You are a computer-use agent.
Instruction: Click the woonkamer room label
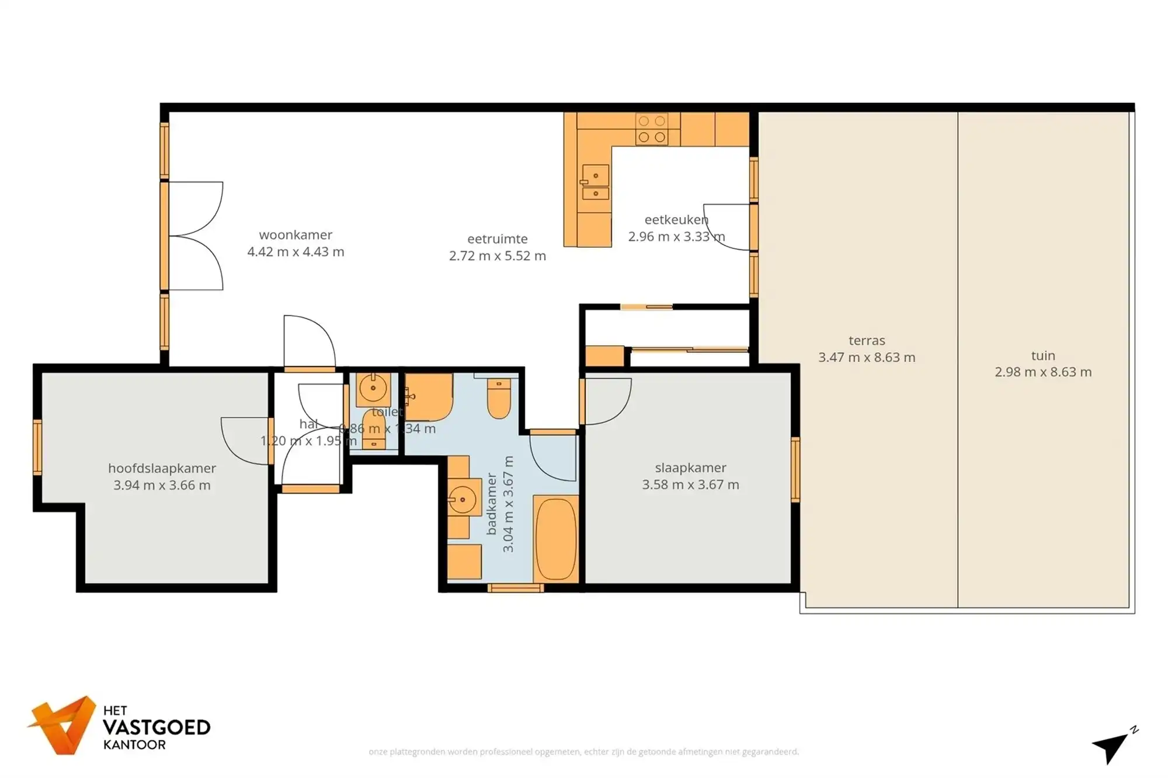click(x=296, y=235)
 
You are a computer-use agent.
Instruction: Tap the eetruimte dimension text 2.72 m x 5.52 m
click(x=497, y=256)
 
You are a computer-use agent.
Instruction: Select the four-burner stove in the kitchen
click(x=652, y=129)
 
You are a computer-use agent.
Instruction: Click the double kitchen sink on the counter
click(x=595, y=183)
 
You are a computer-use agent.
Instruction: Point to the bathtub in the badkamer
click(x=555, y=538)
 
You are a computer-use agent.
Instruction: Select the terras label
click(x=867, y=340)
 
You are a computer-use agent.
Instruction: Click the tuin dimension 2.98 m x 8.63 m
click(x=1043, y=372)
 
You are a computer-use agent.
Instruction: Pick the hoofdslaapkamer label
click(x=162, y=468)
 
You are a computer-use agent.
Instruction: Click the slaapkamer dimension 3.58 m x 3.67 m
click(x=690, y=484)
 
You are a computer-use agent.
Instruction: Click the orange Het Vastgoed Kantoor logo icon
click(x=63, y=725)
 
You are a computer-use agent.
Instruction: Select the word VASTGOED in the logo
click(x=157, y=727)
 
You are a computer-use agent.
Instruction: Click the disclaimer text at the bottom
click(x=583, y=752)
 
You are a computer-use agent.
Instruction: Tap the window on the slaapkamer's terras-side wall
click(x=795, y=469)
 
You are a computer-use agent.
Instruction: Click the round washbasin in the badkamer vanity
click(x=462, y=500)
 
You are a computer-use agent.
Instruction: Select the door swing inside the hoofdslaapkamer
click(x=245, y=441)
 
